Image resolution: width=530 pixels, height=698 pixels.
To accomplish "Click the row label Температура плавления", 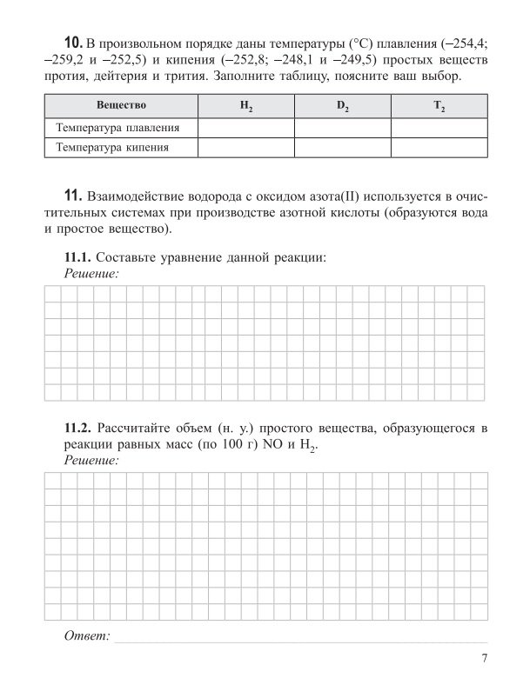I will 118,128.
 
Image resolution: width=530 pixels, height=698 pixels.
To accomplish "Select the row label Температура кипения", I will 111,148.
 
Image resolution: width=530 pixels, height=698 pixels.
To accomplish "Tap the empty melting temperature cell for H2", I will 246,128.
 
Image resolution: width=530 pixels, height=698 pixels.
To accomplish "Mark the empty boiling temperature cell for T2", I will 439,148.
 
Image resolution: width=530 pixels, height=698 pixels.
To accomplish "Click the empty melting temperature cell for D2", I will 343,128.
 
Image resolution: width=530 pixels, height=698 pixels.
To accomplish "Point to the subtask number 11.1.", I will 77,257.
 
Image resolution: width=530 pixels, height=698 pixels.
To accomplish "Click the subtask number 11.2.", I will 77,428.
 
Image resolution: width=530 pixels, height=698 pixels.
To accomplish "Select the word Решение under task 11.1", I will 91,273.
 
